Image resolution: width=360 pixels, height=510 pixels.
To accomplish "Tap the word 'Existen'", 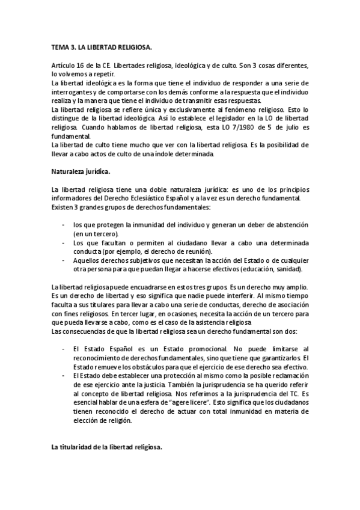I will [x=63, y=207].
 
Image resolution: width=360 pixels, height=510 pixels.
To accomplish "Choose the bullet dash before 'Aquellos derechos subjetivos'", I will [x=64, y=260].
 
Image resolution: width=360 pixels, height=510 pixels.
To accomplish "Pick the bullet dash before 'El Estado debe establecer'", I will [x=64, y=375].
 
